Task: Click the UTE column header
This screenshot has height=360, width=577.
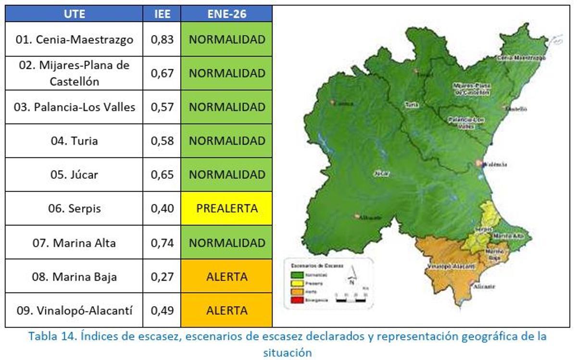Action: (x=74, y=14)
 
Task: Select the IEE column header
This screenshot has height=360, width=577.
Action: (x=162, y=14)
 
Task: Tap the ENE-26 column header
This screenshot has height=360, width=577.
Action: (x=226, y=14)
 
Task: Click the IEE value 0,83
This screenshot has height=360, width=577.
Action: (x=162, y=39)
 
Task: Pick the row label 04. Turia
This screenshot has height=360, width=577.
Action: (x=74, y=141)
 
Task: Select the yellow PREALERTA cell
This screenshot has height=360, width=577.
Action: (x=226, y=209)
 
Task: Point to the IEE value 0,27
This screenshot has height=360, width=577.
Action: (x=162, y=277)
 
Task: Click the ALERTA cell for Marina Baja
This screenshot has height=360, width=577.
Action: (x=226, y=277)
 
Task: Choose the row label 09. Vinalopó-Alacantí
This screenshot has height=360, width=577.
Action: (x=74, y=310)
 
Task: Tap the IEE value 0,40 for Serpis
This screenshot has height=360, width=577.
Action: (x=162, y=209)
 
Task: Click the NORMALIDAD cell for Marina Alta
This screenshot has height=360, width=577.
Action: (x=226, y=243)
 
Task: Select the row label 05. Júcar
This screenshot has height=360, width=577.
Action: (x=74, y=174)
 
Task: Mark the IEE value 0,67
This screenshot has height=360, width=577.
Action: (x=162, y=73)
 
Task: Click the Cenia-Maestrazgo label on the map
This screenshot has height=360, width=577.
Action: (x=522, y=58)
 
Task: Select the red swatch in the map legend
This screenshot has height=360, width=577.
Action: (x=297, y=300)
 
